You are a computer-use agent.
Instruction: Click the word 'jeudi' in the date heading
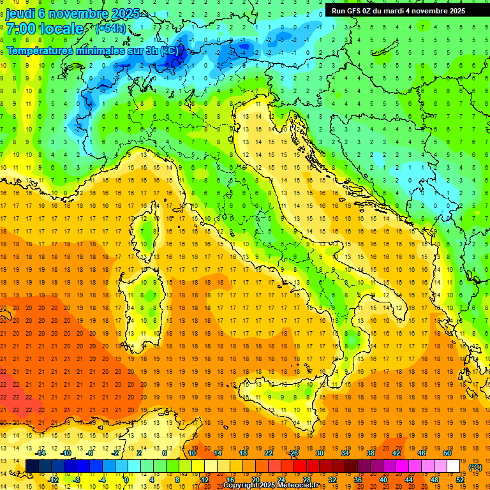click(x=21, y=13)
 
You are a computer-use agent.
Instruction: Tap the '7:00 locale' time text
click(x=45, y=29)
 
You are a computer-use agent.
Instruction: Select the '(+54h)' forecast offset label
click(x=110, y=29)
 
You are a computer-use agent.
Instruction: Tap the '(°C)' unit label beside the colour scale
click(x=475, y=467)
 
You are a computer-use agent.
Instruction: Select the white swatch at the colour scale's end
click(x=453, y=466)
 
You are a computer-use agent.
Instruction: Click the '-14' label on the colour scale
click(x=42, y=453)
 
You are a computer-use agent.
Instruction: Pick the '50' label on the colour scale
click(x=447, y=453)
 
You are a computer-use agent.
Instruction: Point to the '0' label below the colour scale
click(x=127, y=480)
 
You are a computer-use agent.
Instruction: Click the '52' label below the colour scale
click(x=459, y=480)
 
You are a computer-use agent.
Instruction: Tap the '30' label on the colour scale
click(x=319, y=453)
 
